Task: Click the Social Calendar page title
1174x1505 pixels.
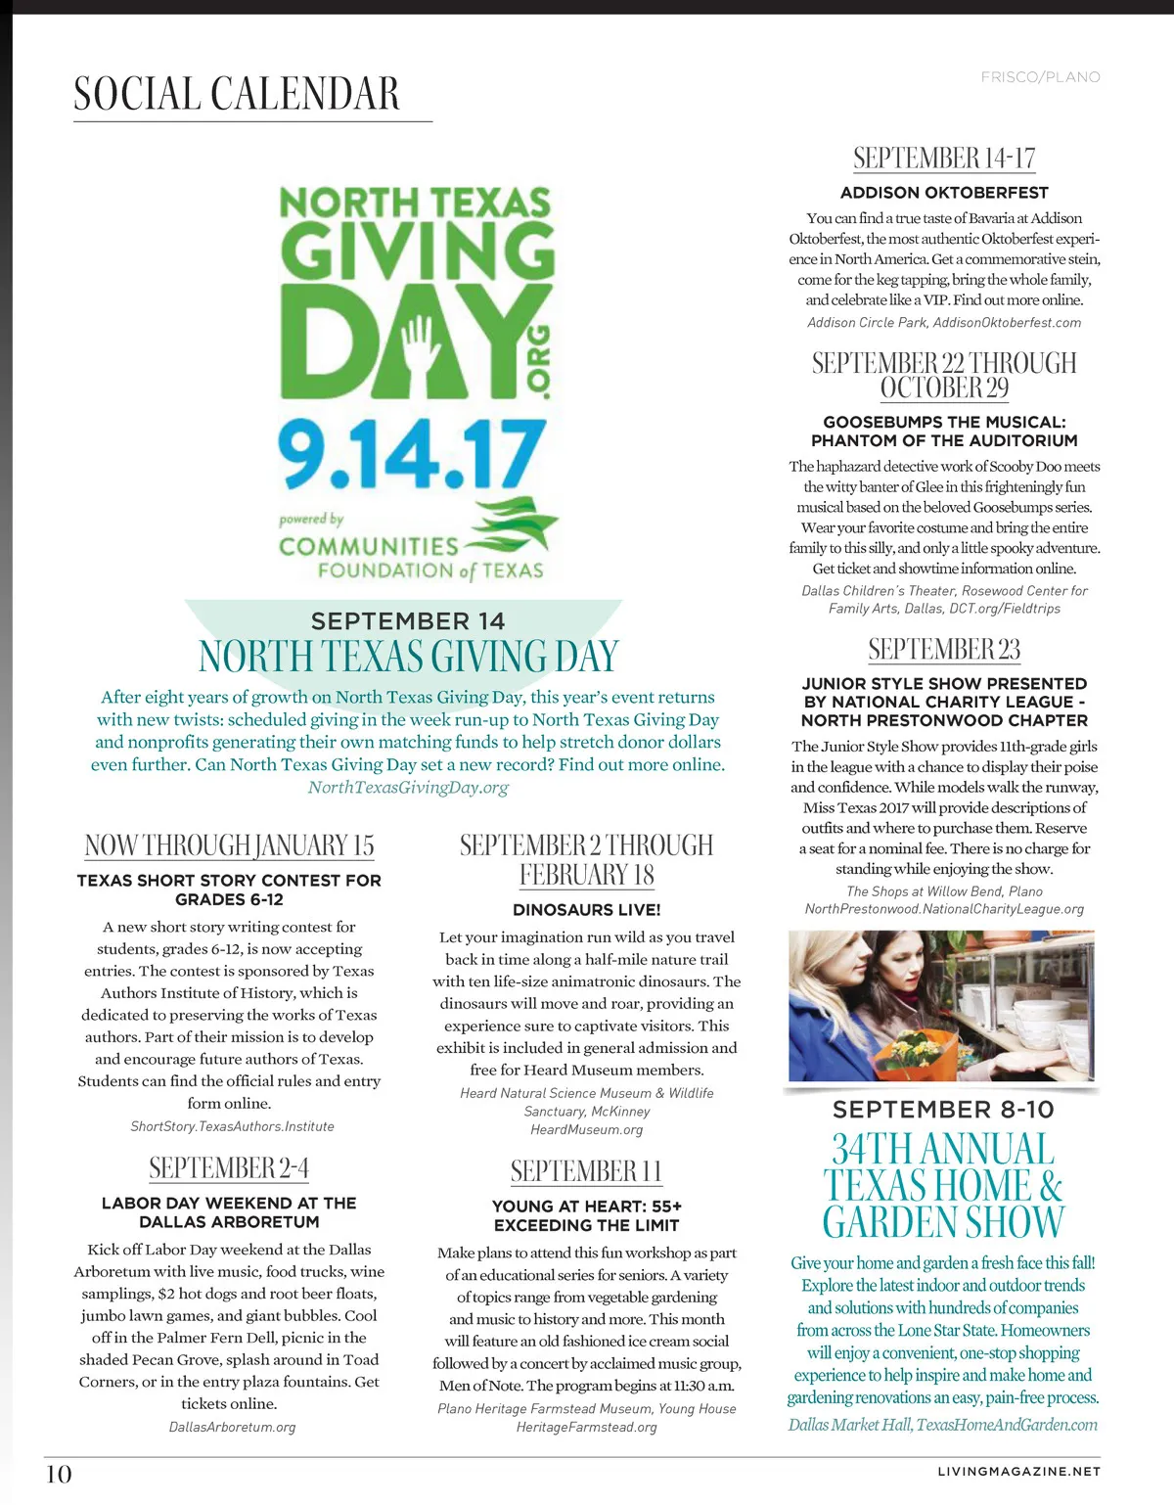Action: coord(237,94)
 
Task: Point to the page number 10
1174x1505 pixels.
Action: coord(59,1474)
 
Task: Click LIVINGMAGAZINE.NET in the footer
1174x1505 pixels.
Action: coord(1018,1471)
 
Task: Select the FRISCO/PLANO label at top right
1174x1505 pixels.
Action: coord(1040,77)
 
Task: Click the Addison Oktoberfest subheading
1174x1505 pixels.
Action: coord(944,193)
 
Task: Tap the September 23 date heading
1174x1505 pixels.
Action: coord(944,650)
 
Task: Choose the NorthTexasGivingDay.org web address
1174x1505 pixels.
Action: coord(408,787)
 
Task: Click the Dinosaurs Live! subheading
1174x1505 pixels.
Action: coord(587,909)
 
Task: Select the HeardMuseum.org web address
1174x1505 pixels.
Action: coord(587,1129)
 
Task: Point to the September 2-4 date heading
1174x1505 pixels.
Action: coord(229,1168)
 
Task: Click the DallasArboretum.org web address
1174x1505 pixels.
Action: coord(232,1427)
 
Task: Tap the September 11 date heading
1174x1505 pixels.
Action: coord(587,1171)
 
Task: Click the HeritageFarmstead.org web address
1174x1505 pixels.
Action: coord(587,1427)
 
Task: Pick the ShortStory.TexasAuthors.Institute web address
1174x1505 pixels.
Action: coord(232,1126)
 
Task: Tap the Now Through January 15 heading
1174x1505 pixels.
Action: coord(229,845)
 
